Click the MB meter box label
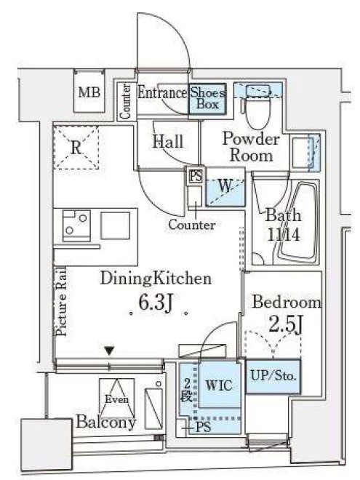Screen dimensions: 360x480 point(89,92)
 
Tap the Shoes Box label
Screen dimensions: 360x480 point(207,98)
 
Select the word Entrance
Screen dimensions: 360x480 point(162,92)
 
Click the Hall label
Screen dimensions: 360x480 point(168,141)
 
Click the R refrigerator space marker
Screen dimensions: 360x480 point(76,147)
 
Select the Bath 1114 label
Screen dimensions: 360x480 point(284,225)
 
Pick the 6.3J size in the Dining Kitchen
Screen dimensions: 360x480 point(156,302)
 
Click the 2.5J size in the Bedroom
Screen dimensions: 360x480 point(286,324)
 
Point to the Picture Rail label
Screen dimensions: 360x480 point(61,301)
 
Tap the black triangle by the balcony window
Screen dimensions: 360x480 point(109,351)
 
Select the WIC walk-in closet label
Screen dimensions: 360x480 point(219,385)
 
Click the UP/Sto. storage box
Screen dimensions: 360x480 point(273,376)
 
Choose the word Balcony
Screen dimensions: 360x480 point(106,422)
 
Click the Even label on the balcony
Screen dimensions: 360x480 point(116,399)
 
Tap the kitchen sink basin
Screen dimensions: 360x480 point(116,225)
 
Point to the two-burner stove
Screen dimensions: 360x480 point(76,225)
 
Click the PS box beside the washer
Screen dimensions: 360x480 point(196,176)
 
